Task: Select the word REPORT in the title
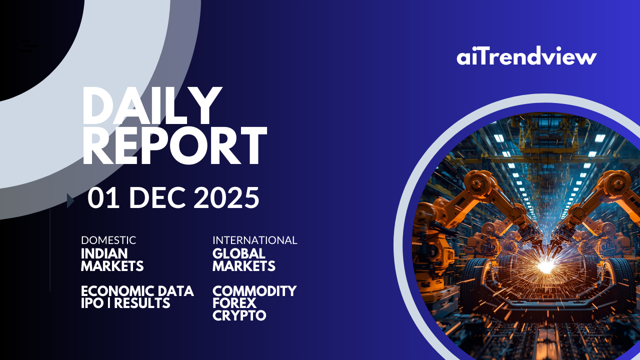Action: [x=174, y=145]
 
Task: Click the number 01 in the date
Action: [x=103, y=197]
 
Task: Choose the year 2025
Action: [x=226, y=197]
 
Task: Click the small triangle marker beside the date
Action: [x=70, y=200]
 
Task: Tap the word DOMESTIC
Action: [x=108, y=240]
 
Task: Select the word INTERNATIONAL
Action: [x=255, y=240]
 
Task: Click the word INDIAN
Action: [x=104, y=253]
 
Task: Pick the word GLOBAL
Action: [x=239, y=253]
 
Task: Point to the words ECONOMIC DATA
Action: [x=137, y=291]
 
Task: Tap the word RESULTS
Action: [x=142, y=303]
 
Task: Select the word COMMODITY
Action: [x=254, y=291]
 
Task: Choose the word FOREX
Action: [x=234, y=303]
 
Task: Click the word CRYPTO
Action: [x=239, y=315]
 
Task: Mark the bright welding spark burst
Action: [x=545, y=267]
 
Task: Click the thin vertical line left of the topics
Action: [x=50, y=250]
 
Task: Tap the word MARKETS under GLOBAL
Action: [x=243, y=266]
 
